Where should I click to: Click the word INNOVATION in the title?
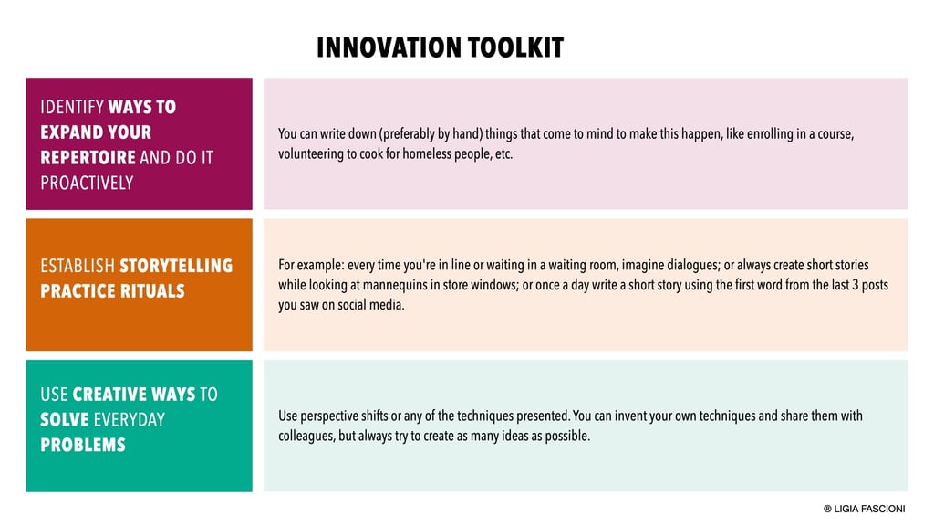tap(389, 47)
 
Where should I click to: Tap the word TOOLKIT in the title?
tap(516, 47)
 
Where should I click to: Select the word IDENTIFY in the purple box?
tap(72, 107)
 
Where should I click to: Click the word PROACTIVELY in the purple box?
tap(87, 183)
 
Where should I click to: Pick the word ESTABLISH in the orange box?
tap(78, 266)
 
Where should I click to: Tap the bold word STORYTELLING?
tap(176, 266)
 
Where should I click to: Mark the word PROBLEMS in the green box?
tap(83, 445)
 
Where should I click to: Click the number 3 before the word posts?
tap(856, 285)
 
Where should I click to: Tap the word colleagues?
tap(306, 437)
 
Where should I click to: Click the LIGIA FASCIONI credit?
tap(865, 509)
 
